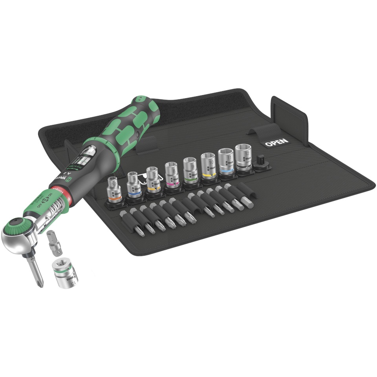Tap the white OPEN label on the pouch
click(276, 142)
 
